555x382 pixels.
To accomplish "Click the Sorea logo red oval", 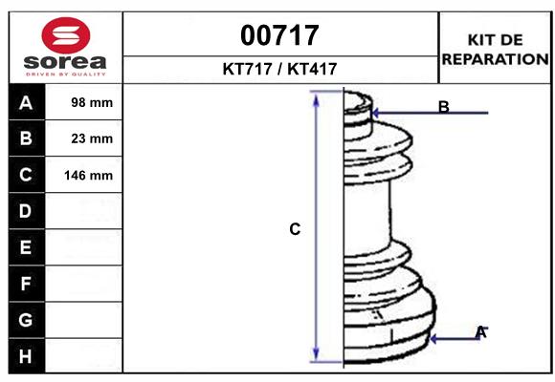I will point(67,35).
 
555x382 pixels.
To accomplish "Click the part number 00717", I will point(279,35).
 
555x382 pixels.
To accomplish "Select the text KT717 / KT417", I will point(279,69).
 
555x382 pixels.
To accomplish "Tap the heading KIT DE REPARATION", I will point(495,49).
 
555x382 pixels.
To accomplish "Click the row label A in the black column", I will point(26,102).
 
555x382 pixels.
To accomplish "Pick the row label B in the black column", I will point(26,138).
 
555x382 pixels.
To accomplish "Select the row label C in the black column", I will point(26,175).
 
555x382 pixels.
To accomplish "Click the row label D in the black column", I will point(26,211).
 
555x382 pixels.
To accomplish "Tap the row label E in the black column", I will point(26,247).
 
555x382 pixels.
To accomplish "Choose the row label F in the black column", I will point(26,284).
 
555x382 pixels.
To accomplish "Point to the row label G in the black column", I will point(26,320).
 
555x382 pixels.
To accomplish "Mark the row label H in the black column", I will point(26,356).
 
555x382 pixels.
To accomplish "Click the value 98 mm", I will point(92,102).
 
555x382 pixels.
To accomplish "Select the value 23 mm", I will point(92,138).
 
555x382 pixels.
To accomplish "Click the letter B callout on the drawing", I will point(443,107).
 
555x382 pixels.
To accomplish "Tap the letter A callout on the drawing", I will point(480,332).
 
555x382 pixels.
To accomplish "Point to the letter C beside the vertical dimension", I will point(295,229).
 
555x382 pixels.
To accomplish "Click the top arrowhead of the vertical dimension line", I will point(316,98).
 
